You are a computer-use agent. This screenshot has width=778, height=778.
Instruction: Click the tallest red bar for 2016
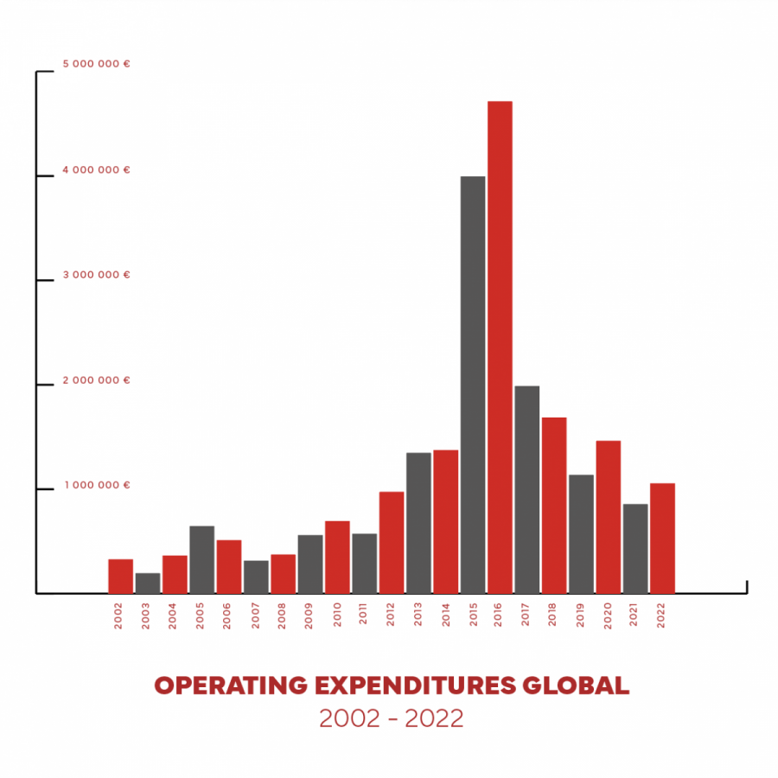coord(500,346)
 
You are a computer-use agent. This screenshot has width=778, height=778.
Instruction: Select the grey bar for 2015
coord(473,385)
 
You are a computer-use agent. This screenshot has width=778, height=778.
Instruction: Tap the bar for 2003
coord(148,583)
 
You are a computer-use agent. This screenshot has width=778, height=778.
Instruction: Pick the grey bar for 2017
coord(526,489)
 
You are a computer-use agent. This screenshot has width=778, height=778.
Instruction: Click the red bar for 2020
coord(608,517)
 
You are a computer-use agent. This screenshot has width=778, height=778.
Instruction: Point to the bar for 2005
coord(201,559)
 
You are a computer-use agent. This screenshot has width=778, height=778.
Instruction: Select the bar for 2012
coord(392,542)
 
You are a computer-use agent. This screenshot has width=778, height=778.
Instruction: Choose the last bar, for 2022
coord(662,538)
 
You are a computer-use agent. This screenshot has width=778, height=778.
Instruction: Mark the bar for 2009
coord(310,564)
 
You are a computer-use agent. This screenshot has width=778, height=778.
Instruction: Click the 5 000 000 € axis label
coord(96,64)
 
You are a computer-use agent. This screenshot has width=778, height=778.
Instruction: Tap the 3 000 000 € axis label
coord(96,275)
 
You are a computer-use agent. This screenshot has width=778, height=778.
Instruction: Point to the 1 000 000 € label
coord(96,485)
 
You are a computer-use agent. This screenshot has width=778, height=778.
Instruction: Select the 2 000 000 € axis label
coord(96,380)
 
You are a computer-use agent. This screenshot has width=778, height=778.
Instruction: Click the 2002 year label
coord(119,615)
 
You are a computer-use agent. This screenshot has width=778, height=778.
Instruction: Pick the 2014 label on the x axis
coord(445,615)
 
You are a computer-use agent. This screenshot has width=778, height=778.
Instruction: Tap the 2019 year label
coord(581,615)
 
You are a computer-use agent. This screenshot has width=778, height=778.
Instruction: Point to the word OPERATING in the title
coord(230,686)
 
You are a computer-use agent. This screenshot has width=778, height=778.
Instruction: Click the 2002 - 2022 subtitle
coord(392,718)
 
